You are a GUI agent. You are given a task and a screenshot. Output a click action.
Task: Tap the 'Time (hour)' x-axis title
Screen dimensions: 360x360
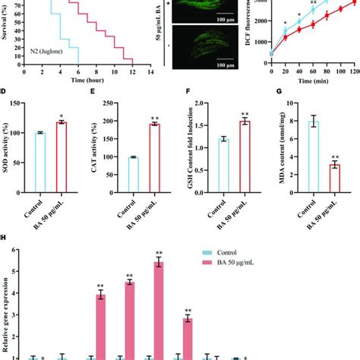tap(87, 78)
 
